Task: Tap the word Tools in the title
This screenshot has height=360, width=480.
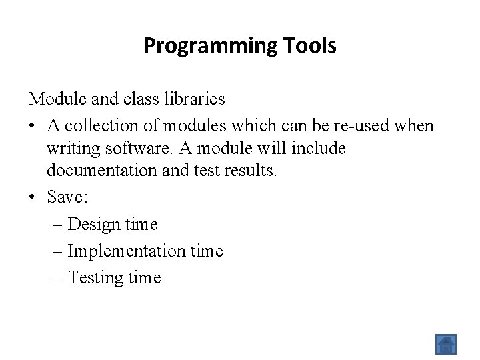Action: (309, 46)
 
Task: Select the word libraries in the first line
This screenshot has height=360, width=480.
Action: (194, 99)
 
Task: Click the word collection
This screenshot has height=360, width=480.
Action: (99, 126)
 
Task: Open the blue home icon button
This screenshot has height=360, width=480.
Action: (445, 344)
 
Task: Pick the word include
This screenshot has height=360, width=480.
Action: (319, 148)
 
